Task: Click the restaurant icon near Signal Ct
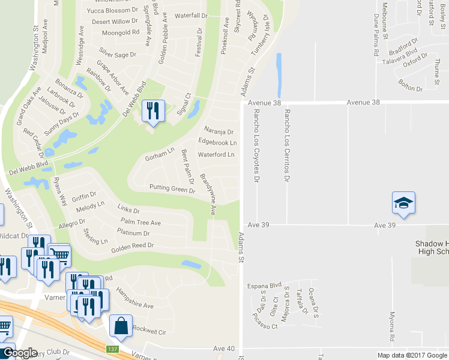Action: pos(152,110)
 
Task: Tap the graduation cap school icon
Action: pos(403,203)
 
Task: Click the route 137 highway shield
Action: pos(112,349)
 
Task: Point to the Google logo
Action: pos(20,353)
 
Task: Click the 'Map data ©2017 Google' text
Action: pos(412,355)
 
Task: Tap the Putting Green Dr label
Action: pos(172,190)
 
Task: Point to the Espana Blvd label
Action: pos(265,286)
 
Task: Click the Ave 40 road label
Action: pos(223,348)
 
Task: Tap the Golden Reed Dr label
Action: pos(132,245)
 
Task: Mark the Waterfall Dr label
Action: pos(190,16)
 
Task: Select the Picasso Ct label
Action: pos(265,326)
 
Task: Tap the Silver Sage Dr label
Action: pos(118,54)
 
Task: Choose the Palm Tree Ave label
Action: pos(140,223)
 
